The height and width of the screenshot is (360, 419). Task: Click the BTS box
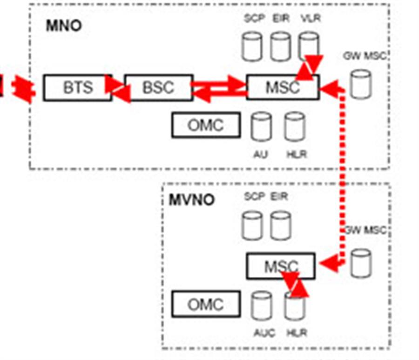tap(77, 87)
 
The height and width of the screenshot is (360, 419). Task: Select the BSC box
tap(158, 87)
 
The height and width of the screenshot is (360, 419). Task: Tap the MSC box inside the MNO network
tap(282, 87)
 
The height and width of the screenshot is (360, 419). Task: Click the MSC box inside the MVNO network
tap(280, 266)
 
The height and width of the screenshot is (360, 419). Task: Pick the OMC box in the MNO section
tap(206, 125)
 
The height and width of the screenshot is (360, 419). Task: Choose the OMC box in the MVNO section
tap(206, 305)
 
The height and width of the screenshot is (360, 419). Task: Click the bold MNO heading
tap(63, 26)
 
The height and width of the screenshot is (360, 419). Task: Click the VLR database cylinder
tap(309, 46)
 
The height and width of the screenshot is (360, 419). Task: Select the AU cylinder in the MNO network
tap(261, 127)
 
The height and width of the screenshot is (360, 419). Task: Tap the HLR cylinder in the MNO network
tap(295, 127)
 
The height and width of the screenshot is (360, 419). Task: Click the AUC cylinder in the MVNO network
tap(261, 306)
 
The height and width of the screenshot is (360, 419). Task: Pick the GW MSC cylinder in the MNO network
tap(360, 84)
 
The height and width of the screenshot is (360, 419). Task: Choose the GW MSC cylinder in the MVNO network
tap(361, 263)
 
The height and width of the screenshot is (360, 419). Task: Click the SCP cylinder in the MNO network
tap(252, 46)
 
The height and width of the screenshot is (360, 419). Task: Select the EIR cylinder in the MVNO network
tap(281, 225)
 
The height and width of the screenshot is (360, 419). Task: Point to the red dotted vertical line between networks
tap(343, 177)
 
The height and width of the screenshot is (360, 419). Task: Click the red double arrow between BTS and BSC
tap(118, 88)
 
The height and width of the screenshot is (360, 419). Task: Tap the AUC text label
tap(264, 333)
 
